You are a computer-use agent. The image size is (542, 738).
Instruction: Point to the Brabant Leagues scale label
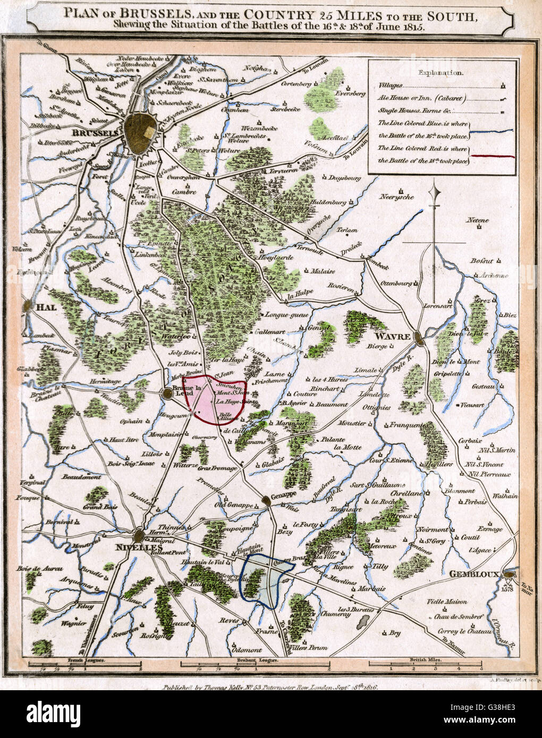pyautogui.click(x=256, y=659)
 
